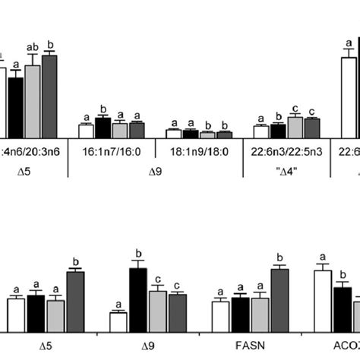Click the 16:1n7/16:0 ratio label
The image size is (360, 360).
tap(112, 150)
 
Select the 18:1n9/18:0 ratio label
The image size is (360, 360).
tap(199, 150)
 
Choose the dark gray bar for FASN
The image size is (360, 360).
tap(279, 301)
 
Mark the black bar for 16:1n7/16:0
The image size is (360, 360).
tap(103, 128)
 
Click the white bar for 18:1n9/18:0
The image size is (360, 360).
tap(173, 133)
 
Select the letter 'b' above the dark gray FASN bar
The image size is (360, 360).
tap(279, 257)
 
